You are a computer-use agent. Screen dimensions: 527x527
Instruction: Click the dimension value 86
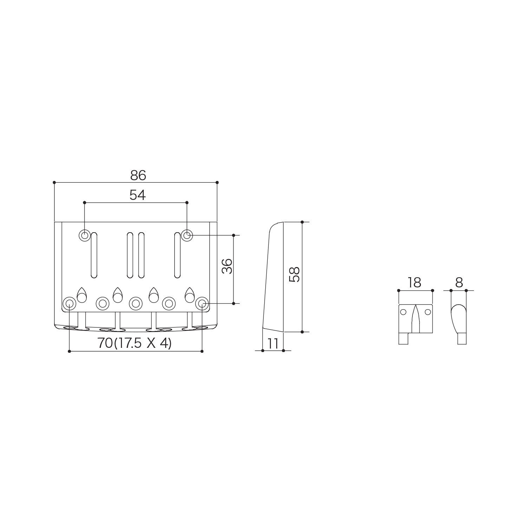(138, 175)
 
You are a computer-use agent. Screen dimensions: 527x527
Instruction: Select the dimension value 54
(137, 195)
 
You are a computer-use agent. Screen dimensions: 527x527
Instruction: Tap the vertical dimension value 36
(227, 266)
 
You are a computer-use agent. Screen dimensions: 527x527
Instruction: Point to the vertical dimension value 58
(294, 274)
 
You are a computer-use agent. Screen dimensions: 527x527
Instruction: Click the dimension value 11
(273, 344)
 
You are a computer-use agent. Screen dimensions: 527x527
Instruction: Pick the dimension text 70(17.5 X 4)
(135, 343)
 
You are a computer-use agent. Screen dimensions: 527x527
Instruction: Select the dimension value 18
(415, 282)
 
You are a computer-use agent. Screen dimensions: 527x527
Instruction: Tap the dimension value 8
(459, 282)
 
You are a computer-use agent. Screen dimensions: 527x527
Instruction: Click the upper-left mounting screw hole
(84, 235)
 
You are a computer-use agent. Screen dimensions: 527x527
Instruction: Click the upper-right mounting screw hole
(187, 235)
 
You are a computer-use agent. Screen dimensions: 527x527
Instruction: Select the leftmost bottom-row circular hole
(69, 303)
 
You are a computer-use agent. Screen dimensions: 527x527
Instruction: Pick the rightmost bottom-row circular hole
(202, 303)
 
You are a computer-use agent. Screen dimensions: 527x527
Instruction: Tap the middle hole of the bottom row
(135, 303)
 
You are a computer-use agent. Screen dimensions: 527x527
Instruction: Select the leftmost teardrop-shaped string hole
(82, 295)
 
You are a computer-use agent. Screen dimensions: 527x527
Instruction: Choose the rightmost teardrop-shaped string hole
(190, 295)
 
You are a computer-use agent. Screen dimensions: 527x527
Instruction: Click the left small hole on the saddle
(403, 312)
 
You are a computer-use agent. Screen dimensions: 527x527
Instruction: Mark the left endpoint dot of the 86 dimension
(54, 182)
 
